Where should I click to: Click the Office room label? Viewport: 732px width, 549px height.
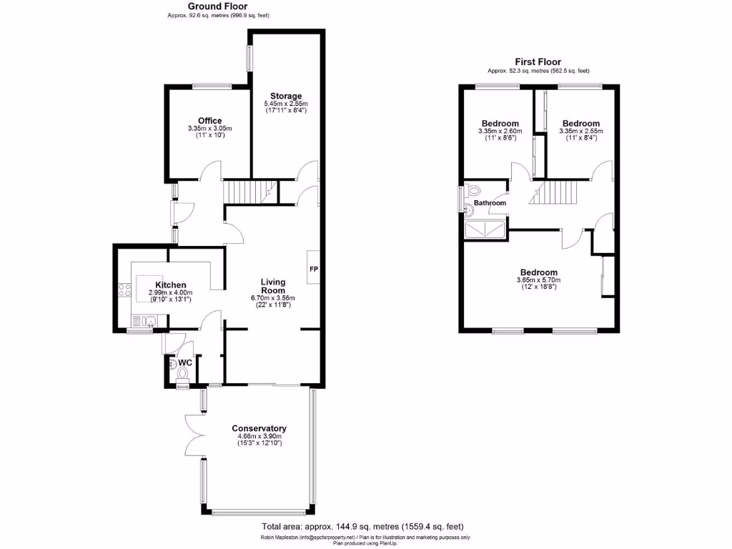[209, 121]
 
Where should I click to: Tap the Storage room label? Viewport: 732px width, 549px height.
[286, 96]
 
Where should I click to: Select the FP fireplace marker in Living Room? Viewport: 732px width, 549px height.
[313, 269]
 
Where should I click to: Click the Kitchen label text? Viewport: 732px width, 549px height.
[171, 285]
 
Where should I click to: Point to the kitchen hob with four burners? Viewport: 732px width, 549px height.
[122, 291]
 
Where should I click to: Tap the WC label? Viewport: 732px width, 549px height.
[185, 363]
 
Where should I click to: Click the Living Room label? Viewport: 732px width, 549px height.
[273, 286]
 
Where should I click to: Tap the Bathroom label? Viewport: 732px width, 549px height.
[490, 203]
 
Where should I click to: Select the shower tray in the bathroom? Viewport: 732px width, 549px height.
[485, 229]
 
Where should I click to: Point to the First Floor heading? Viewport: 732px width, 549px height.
[538, 62]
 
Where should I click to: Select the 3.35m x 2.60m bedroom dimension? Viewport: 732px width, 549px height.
[500, 131]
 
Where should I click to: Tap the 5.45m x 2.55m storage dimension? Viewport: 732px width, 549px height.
[286, 104]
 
